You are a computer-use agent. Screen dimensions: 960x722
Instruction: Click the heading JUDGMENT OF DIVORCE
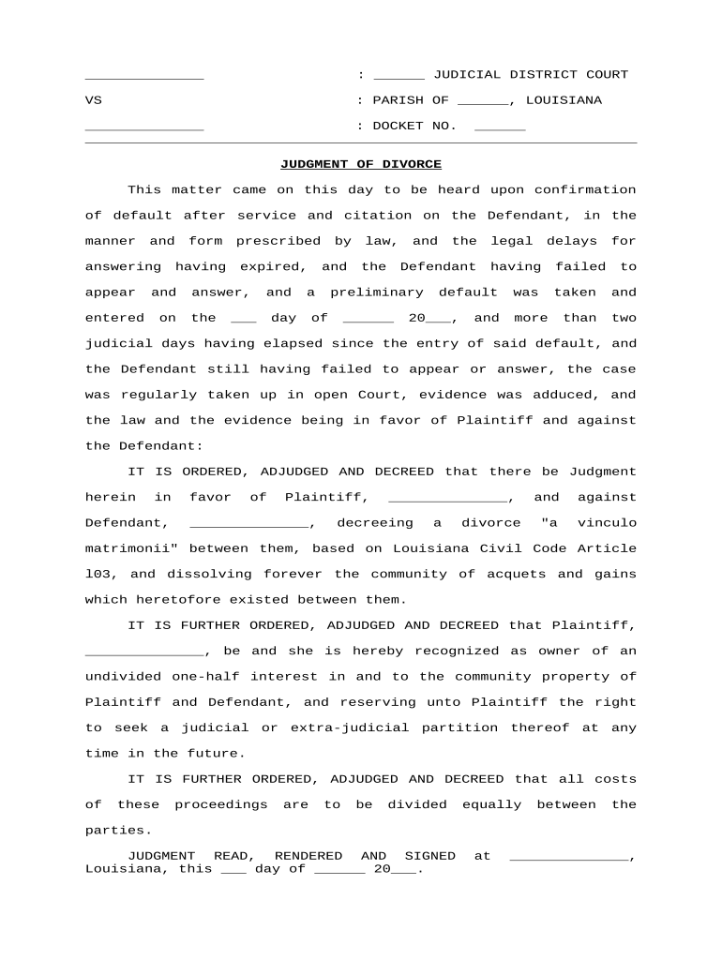(x=361, y=164)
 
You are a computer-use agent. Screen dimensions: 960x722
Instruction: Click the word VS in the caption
(x=93, y=100)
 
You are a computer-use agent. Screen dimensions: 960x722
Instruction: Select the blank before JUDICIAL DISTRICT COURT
(x=399, y=76)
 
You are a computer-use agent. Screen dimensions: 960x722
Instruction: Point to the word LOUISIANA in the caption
(x=564, y=100)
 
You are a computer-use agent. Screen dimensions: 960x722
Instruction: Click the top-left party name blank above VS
(x=143, y=76)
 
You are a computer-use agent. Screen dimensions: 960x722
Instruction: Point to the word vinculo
(x=607, y=522)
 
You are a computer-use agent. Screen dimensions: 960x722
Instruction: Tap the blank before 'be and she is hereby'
(x=144, y=652)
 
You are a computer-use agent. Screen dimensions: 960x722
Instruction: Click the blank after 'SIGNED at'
(x=568, y=857)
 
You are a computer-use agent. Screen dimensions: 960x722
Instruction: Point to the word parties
(x=117, y=830)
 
